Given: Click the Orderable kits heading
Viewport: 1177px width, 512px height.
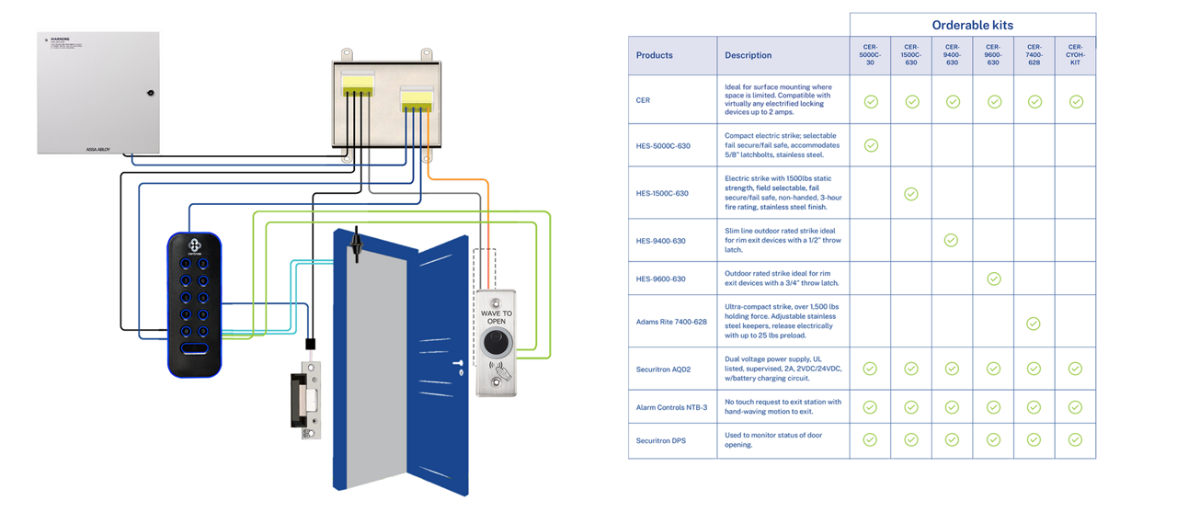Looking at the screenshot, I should tap(972, 25).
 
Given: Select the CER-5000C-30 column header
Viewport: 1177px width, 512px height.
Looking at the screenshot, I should tap(870, 55).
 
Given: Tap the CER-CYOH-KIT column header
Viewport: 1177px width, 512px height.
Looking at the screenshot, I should tap(1075, 55).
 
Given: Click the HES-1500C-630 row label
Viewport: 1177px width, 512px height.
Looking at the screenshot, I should tap(662, 194).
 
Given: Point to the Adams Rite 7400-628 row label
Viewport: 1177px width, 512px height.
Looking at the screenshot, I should tap(672, 322).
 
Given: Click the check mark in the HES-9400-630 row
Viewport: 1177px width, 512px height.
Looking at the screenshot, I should tap(952, 241).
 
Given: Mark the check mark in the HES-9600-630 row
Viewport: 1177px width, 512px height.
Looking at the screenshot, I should tap(993, 279).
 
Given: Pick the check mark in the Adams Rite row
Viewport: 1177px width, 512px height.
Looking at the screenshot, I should tap(1034, 324).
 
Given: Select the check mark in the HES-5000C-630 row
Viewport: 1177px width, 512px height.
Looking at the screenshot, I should tap(871, 145).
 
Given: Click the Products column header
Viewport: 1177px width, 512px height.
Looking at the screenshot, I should tap(655, 55).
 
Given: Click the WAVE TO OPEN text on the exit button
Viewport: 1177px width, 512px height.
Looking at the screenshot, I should tap(497, 317).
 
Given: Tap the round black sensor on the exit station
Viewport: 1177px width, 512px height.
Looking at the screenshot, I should tap(496, 346).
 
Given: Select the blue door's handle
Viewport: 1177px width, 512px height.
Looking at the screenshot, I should tap(457, 364).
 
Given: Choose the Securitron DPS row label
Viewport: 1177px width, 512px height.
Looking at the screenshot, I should tap(661, 440).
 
